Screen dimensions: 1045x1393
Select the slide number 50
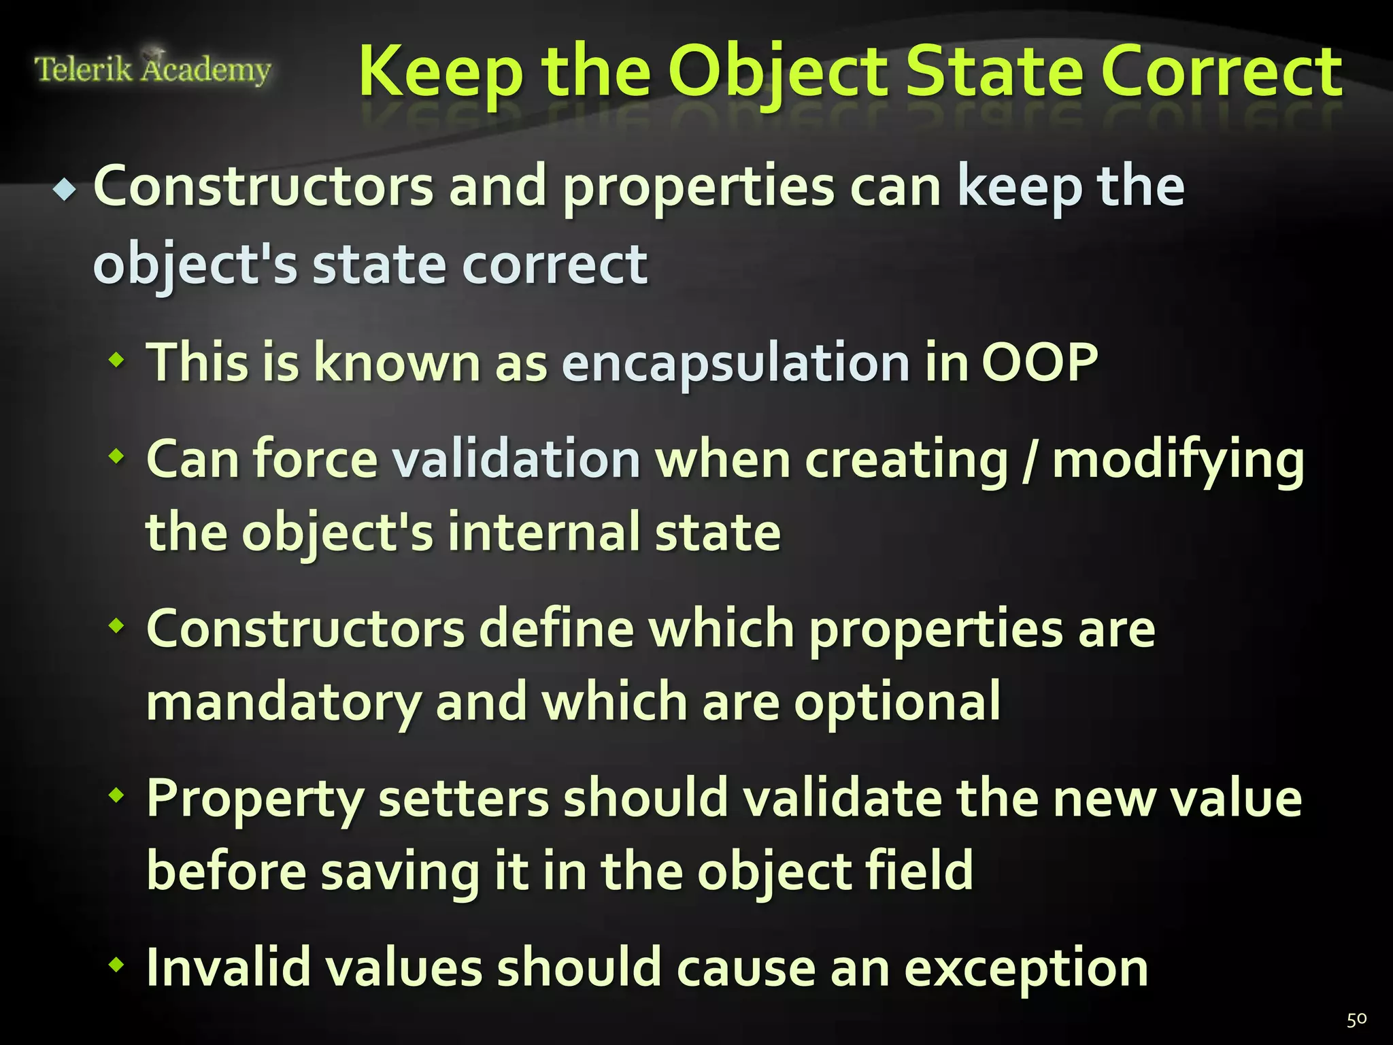click(x=1356, y=1019)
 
